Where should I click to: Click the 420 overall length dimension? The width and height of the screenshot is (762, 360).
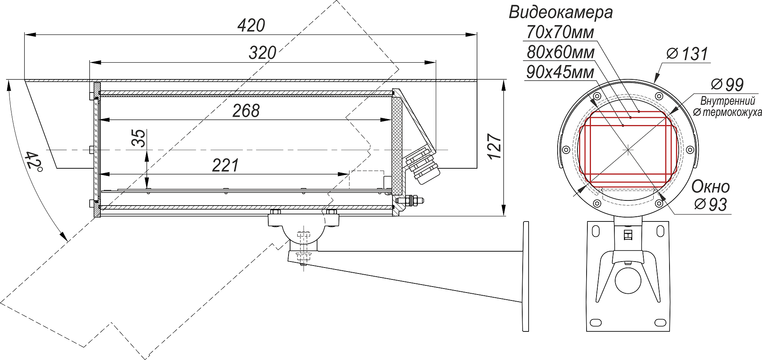pyautogui.click(x=251, y=26)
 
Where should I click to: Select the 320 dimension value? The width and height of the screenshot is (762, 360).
pyautogui.click(x=262, y=53)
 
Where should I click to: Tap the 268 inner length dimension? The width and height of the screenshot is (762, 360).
pyautogui.click(x=246, y=111)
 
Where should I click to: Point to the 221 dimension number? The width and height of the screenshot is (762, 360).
pyautogui.click(x=225, y=166)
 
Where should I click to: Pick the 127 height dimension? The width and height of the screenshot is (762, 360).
pyautogui.click(x=495, y=147)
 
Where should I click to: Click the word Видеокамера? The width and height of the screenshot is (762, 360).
pyautogui.click(x=560, y=13)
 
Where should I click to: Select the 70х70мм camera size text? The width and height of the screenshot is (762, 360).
pyautogui.click(x=560, y=33)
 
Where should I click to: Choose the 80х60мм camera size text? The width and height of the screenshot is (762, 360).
pyautogui.click(x=560, y=52)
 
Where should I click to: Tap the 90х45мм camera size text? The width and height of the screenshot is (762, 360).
pyautogui.click(x=560, y=72)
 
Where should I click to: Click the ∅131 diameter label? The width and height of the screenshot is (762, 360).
pyautogui.click(x=687, y=54)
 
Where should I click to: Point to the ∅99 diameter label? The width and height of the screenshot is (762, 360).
pyautogui.click(x=727, y=85)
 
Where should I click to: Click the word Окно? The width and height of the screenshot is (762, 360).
pyautogui.click(x=710, y=187)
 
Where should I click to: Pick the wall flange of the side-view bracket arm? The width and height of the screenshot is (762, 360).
pyautogui.click(x=526, y=276)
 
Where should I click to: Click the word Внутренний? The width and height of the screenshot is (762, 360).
pyautogui.click(x=727, y=101)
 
